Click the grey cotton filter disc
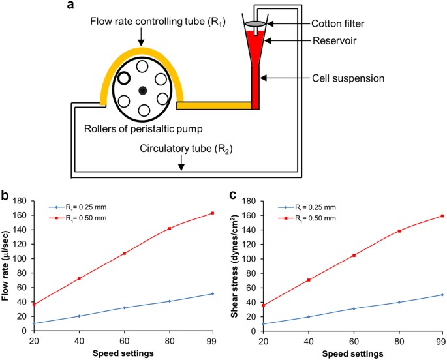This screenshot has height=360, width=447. tap(255, 23)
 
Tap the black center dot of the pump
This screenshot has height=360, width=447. tap(142, 91)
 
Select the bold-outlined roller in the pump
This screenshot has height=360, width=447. tap(124, 78)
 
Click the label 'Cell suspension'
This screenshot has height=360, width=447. tap(348, 78)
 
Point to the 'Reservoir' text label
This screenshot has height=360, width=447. tap(334, 40)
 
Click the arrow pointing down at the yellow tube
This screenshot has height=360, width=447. tap(141, 37)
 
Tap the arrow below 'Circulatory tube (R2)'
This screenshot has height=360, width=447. tap(181, 164)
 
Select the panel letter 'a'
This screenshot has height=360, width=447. tap(70, 5)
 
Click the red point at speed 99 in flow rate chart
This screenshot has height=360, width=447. tap(212, 213)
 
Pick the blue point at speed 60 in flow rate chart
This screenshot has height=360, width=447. tap(124, 308)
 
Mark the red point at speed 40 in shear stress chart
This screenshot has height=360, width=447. tap(309, 280)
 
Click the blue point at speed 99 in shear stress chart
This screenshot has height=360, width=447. tap(442, 295)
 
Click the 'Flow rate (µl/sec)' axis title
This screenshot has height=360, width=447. tap(5, 265)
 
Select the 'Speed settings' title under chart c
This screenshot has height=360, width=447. tap(352, 353)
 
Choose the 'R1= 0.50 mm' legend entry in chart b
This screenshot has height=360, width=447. tap(78, 218)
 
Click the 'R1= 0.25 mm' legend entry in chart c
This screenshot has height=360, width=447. tap(307, 207)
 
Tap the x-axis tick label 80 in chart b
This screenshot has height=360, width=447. tap(169, 341)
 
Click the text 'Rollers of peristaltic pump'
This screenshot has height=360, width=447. tap(143, 129)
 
